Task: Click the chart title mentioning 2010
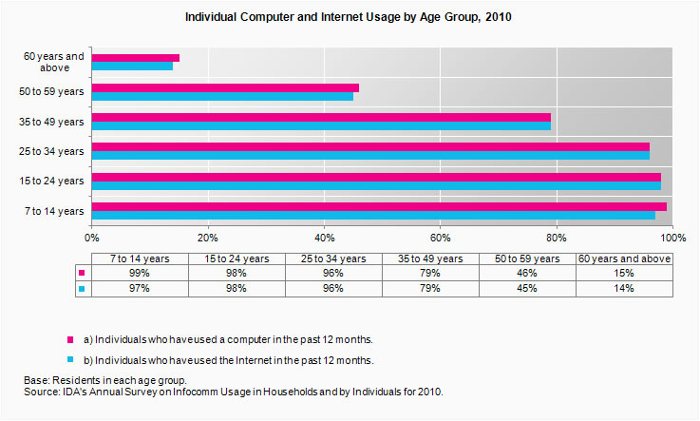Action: click(349, 18)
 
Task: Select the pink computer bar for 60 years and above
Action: click(135, 58)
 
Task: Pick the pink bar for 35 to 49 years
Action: click(321, 118)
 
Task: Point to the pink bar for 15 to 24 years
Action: click(376, 177)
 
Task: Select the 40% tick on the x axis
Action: click(325, 238)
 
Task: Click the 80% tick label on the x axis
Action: click(557, 238)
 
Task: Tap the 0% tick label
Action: click(92, 238)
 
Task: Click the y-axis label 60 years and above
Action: click(53, 62)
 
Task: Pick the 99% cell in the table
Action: click(140, 273)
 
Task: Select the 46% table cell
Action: click(527, 273)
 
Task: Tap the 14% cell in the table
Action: click(624, 288)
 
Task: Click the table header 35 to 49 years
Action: click(430, 258)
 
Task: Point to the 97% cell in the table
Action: click(140, 288)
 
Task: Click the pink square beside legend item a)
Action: click(69, 339)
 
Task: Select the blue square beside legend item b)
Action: click(69, 360)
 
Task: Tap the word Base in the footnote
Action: click(36, 380)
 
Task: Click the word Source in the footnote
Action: click(41, 392)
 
